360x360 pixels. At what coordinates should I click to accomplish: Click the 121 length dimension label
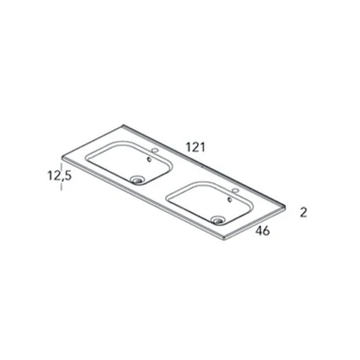(x=195, y=147)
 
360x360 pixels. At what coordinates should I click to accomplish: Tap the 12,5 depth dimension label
(x=60, y=175)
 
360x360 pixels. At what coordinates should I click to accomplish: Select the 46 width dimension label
(x=263, y=231)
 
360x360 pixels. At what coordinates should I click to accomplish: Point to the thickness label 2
(x=303, y=212)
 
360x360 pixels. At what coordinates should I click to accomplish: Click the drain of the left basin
(x=137, y=180)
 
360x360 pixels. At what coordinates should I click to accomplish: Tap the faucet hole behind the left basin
(x=155, y=150)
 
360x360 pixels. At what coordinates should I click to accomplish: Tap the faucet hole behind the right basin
(x=236, y=190)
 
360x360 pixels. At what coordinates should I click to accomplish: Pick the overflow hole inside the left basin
(x=149, y=160)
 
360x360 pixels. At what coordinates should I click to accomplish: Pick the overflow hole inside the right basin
(x=230, y=200)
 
